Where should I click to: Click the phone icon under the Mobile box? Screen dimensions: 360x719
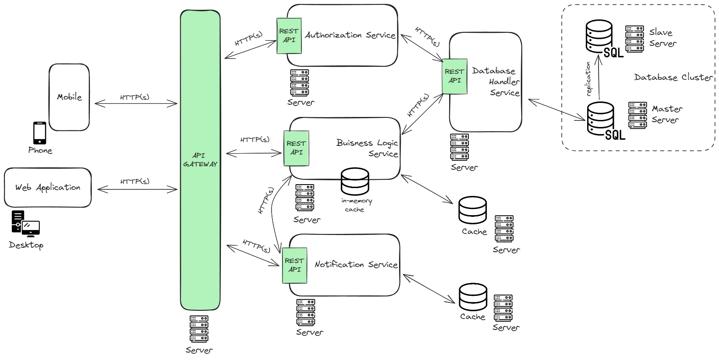point(40,133)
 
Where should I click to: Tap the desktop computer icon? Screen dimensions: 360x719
point(25,223)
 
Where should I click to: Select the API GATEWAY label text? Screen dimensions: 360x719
point(200,160)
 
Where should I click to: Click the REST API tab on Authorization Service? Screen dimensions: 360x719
point(289,35)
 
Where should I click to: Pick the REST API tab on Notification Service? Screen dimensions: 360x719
point(294,265)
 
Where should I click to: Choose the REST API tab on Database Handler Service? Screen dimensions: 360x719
point(454,76)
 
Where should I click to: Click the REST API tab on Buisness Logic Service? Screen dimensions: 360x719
point(296,148)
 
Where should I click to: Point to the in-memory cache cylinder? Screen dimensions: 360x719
point(354,182)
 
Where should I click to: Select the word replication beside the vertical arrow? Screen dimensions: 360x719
point(588,79)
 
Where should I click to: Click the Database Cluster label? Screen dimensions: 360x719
point(673,77)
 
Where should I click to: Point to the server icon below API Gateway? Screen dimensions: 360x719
point(199,329)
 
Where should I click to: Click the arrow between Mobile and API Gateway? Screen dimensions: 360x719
point(136,104)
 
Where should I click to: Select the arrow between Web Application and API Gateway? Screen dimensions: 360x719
point(137,189)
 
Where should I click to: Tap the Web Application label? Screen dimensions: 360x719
point(48,188)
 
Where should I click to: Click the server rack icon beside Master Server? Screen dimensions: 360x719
point(637,115)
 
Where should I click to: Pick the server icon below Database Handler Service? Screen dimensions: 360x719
point(460,147)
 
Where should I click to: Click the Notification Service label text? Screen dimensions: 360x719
point(356,264)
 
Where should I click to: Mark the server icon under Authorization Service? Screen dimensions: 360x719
point(299,83)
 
